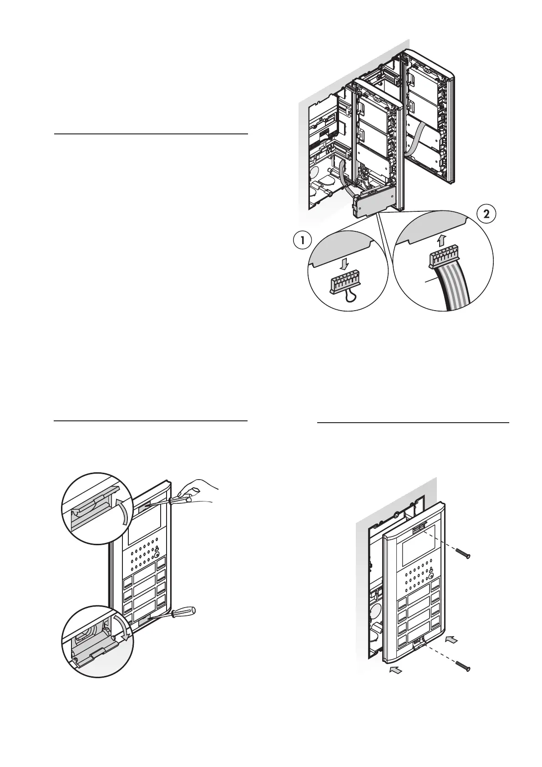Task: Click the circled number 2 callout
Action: click(486, 215)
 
